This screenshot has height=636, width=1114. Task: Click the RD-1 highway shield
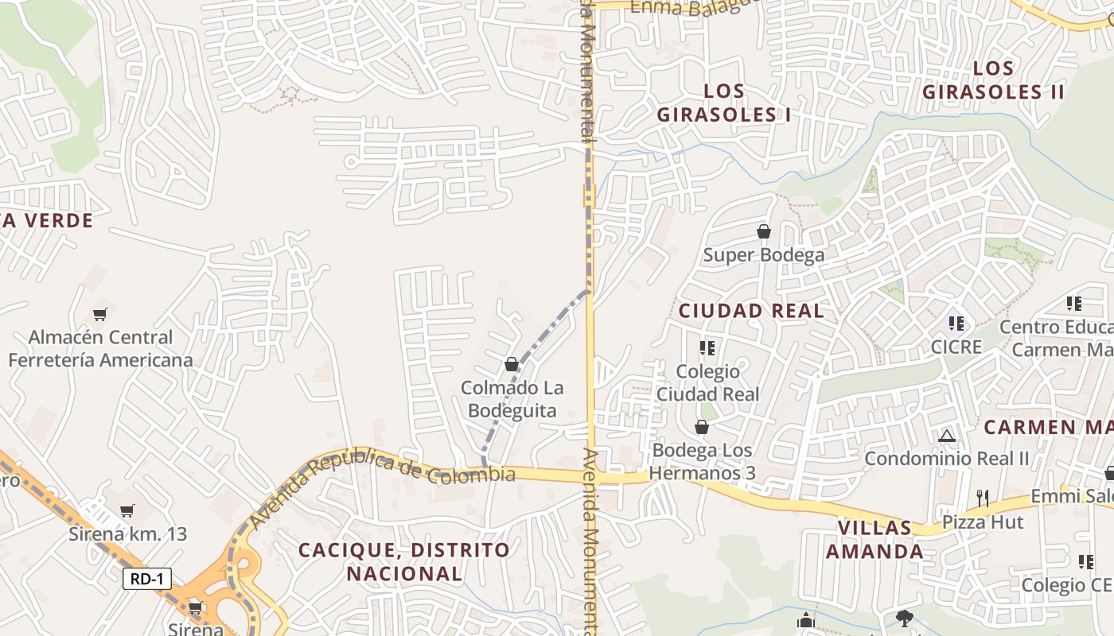147,579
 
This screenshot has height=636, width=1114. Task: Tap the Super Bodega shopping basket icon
764,231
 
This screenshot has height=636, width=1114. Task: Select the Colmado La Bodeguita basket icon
512,364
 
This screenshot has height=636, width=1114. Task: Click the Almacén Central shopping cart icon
99,314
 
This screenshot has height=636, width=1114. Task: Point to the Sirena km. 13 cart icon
127,510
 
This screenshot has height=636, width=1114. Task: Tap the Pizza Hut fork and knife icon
983,498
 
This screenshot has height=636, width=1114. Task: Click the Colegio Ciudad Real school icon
707,347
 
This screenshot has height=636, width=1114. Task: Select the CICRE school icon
956,323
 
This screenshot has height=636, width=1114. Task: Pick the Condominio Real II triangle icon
946,436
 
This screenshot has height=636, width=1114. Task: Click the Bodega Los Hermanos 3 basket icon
701,428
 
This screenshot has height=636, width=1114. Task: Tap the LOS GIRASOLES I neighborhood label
724,103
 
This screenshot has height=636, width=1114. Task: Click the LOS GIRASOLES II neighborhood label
993,79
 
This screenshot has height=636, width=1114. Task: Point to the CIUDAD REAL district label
751,311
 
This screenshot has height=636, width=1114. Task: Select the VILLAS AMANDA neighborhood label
874,539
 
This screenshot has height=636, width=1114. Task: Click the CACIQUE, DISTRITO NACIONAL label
404,561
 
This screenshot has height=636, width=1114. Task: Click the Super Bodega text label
764,255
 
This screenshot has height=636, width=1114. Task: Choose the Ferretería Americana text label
100,360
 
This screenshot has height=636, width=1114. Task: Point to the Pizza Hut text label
983,522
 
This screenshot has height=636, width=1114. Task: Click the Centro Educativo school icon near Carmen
1074,303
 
